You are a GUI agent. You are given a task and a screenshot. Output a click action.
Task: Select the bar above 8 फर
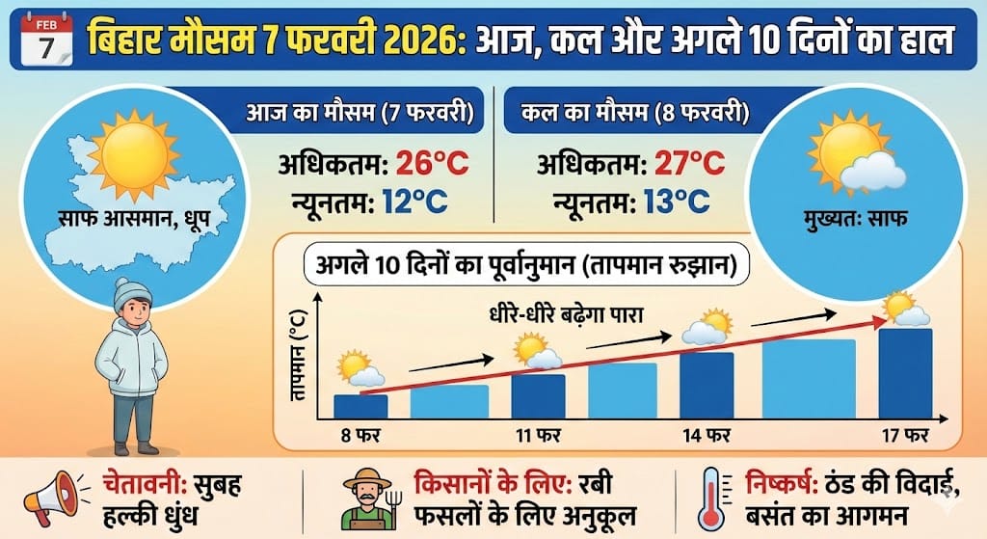(360, 407)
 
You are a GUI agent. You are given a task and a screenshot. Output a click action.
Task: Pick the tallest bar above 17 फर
(905, 374)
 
